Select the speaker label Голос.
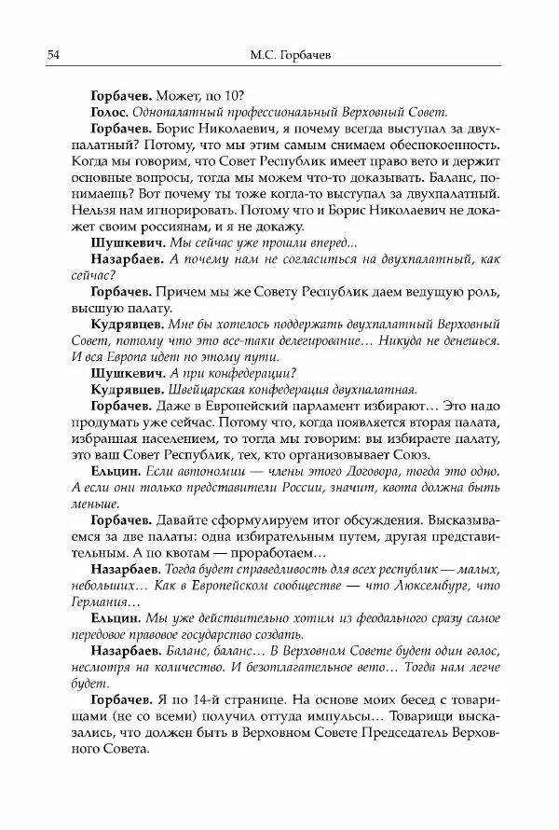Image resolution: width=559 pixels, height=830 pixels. [x=114, y=112]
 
